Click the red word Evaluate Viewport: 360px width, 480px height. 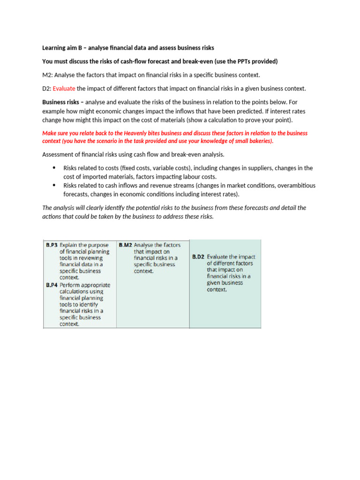(64, 89)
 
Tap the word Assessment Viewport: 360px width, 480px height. (59, 155)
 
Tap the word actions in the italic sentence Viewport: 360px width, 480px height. (51, 216)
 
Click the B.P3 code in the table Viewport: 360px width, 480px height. (52, 245)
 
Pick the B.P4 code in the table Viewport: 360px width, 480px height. (52, 285)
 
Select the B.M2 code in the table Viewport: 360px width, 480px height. (125, 245)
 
